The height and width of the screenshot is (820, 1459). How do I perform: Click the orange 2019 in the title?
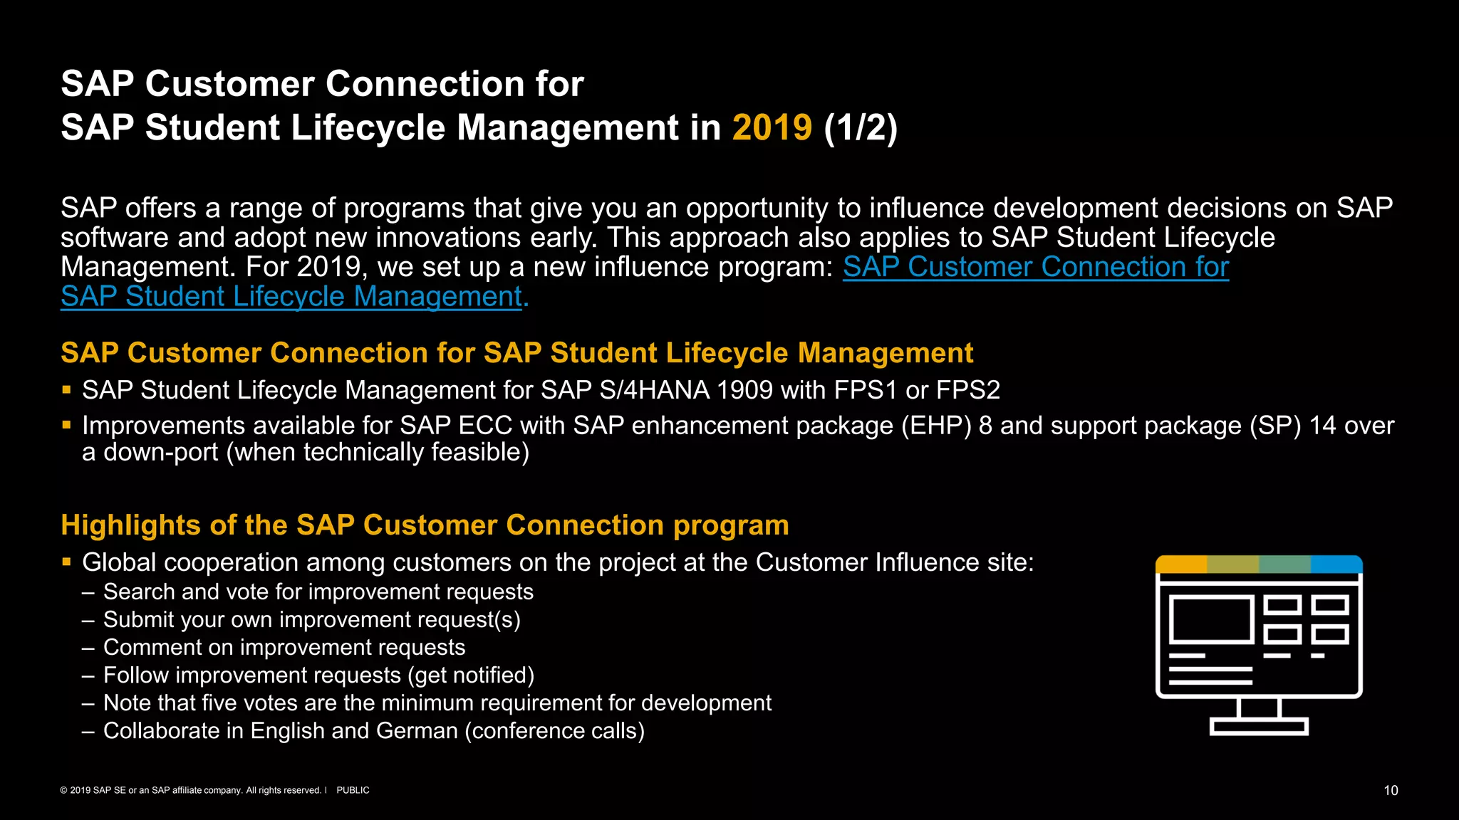click(772, 128)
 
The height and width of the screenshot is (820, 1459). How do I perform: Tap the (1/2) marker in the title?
click(861, 128)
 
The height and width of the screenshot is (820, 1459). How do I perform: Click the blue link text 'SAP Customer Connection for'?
click(1036, 267)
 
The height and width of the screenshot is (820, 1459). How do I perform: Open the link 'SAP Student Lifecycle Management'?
click(292, 297)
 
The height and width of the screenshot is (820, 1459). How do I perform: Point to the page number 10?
click(1391, 790)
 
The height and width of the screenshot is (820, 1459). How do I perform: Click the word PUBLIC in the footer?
click(353, 790)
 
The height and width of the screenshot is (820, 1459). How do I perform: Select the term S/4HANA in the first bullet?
click(655, 390)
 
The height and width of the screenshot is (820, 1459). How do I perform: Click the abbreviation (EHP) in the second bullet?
click(936, 426)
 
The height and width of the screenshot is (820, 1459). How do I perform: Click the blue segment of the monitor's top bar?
click(1336, 564)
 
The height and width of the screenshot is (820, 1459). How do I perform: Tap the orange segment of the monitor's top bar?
click(1181, 564)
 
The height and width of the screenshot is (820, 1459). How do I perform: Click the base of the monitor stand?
click(1259, 727)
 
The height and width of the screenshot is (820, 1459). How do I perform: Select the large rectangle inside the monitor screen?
click(1211, 619)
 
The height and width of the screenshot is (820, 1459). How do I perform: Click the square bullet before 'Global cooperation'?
click(66, 562)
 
